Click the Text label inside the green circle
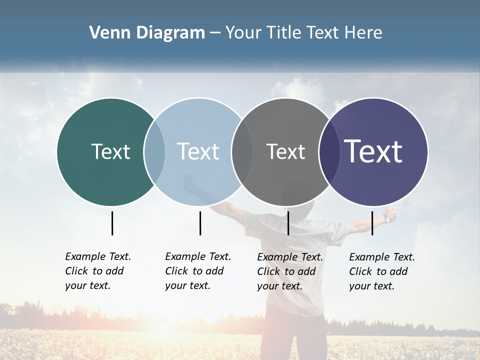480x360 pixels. (110, 151)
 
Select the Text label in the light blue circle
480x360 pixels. (198, 151)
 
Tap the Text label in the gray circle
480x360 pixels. (285, 151)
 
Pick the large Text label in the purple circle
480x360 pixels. (373, 151)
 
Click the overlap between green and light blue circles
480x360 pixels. (154, 152)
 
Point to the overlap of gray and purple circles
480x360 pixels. (328, 152)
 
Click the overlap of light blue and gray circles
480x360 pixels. (242, 152)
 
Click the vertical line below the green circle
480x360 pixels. (112, 223)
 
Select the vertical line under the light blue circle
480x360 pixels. (200, 223)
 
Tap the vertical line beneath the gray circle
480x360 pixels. (288, 223)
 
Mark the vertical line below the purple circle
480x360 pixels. (372, 223)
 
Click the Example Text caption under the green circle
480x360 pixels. (97, 271)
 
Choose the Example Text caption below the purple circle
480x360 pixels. (381, 271)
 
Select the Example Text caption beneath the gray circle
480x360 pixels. (289, 271)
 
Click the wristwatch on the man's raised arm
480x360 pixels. (387, 218)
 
